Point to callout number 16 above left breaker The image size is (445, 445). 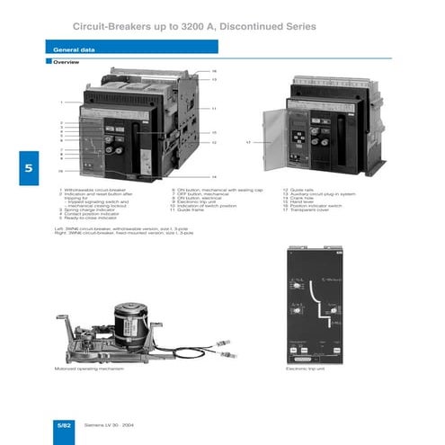coord(214,71)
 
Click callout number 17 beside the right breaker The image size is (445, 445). coord(247,142)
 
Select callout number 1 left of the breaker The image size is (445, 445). coord(61,102)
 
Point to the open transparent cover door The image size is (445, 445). coord(277,143)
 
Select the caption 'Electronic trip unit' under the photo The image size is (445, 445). coord(304,369)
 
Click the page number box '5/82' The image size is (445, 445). coord(64,423)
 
